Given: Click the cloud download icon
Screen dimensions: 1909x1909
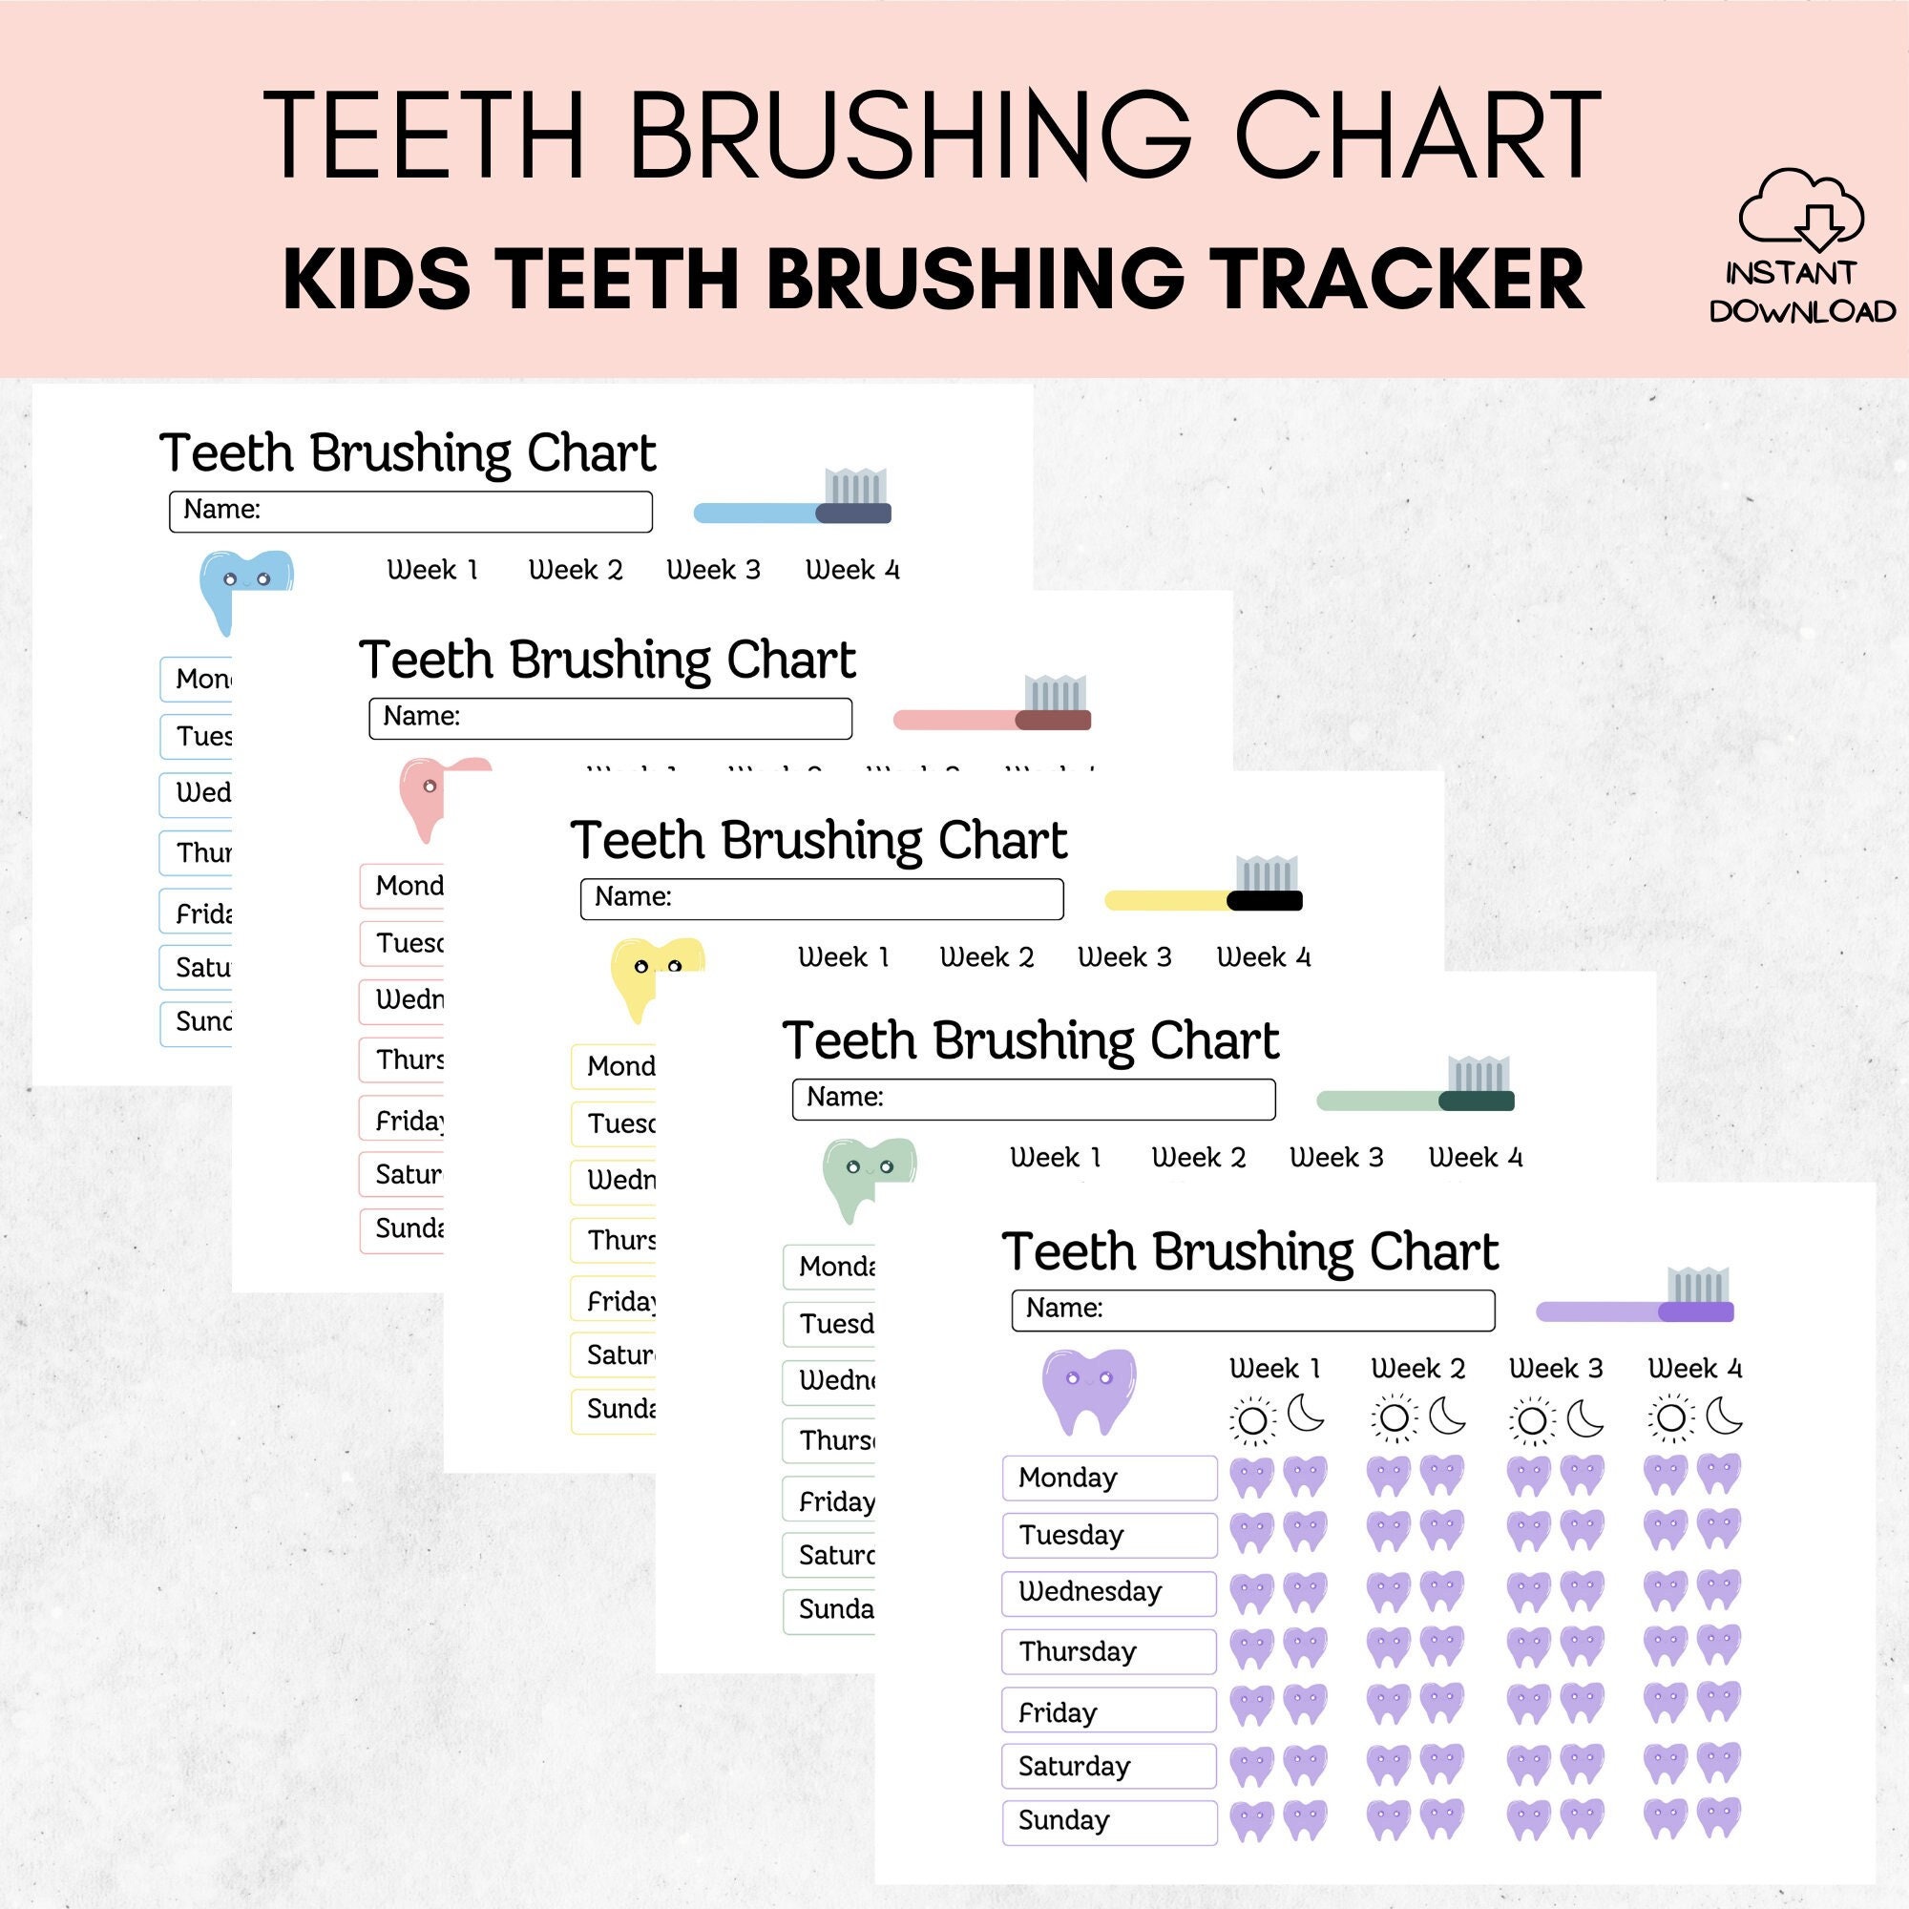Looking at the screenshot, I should (1800, 209).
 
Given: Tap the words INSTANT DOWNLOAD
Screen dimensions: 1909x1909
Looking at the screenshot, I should (1802, 292).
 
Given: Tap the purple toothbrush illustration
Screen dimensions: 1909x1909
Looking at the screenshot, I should (1634, 1299).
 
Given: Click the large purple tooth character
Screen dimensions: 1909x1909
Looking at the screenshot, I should (1089, 1392).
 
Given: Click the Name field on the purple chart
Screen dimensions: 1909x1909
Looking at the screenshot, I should (1253, 1310).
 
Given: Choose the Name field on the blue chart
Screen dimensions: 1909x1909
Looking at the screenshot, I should (410, 511).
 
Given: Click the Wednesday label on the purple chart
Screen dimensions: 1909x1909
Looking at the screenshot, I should (1108, 1593).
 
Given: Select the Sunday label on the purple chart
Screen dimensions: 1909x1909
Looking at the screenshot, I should (1108, 1822).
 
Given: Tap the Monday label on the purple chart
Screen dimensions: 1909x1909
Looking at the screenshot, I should (1108, 1479).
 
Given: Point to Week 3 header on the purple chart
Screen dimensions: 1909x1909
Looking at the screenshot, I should (1555, 1369).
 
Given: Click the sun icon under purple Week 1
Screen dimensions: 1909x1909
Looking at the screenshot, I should (1252, 1420).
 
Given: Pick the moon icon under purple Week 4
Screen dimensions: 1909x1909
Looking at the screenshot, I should (1724, 1415).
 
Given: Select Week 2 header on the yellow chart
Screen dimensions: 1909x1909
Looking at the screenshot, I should (986, 956).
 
